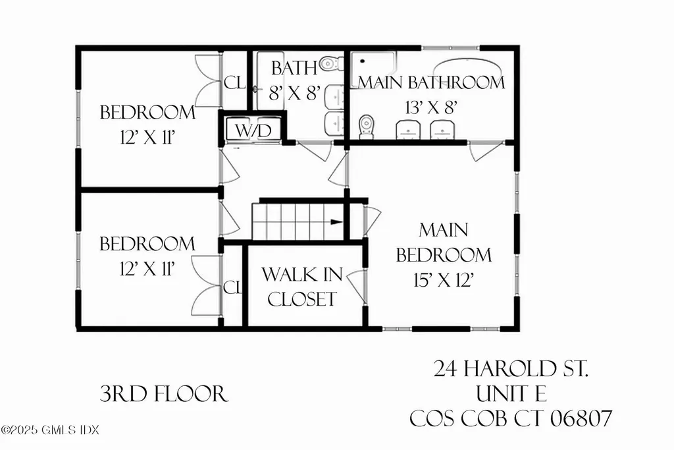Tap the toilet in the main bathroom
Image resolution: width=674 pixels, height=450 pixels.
367,126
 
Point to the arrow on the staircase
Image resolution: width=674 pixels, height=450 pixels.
336,222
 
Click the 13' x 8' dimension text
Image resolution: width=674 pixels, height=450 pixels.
431,107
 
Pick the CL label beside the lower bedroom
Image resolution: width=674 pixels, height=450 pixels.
232,288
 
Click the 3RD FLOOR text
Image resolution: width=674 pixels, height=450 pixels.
164,394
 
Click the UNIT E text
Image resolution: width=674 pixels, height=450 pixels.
511,393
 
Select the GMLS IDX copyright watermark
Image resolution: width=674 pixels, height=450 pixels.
51,430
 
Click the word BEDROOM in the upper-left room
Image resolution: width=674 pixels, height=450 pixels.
147,112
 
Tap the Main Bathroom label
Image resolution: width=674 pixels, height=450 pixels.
431,82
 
